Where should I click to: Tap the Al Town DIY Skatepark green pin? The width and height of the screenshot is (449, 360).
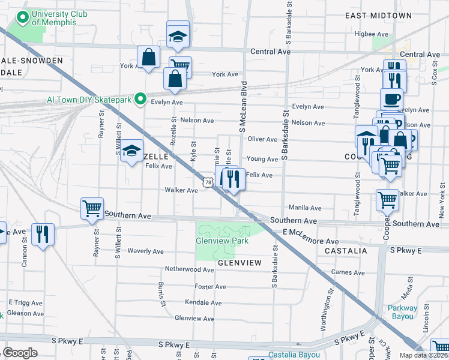click(x=141, y=98)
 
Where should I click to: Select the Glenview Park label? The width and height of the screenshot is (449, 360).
click(x=222, y=241)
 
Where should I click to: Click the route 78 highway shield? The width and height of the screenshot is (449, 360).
click(x=208, y=182)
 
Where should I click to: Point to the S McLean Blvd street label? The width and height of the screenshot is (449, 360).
click(x=244, y=107)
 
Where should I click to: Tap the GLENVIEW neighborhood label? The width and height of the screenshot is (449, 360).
click(x=240, y=263)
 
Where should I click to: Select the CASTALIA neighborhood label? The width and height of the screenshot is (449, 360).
click(x=346, y=250)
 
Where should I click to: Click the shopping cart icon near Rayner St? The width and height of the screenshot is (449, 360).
click(x=92, y=208)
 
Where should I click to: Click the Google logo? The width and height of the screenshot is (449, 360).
click(x=20, y=353)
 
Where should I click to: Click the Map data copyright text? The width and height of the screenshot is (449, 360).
click(x=423, y=355)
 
